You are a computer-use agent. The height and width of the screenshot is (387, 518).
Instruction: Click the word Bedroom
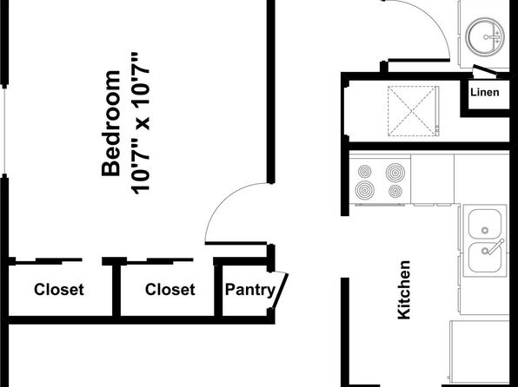[110, 123]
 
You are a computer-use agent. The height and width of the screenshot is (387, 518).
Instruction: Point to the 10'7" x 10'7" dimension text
[141, 123]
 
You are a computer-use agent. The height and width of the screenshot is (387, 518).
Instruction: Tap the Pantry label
[250, 290]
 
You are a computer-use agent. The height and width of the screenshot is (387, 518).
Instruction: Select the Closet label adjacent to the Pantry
[169, 289]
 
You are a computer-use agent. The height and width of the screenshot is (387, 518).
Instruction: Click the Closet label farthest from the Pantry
[59, 289]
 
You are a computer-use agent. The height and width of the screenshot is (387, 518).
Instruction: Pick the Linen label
[485, 92]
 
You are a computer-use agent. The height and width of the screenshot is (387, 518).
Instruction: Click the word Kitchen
[404, 290]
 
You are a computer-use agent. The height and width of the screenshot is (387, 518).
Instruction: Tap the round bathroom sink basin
[485, 37]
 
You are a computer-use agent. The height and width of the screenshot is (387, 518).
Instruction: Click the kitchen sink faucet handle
[496, 246]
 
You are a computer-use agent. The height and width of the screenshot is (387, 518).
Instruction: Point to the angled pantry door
[281, 291]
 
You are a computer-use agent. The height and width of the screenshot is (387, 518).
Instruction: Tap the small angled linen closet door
[485, 72]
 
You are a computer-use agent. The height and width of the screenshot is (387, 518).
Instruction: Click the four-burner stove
[380, 180]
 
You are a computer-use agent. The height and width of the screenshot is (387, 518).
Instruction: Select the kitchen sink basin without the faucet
[485, 224]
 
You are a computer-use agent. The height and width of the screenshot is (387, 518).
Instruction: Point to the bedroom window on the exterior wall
[4, 131]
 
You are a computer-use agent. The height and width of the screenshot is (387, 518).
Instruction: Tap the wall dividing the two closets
[116, 291]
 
